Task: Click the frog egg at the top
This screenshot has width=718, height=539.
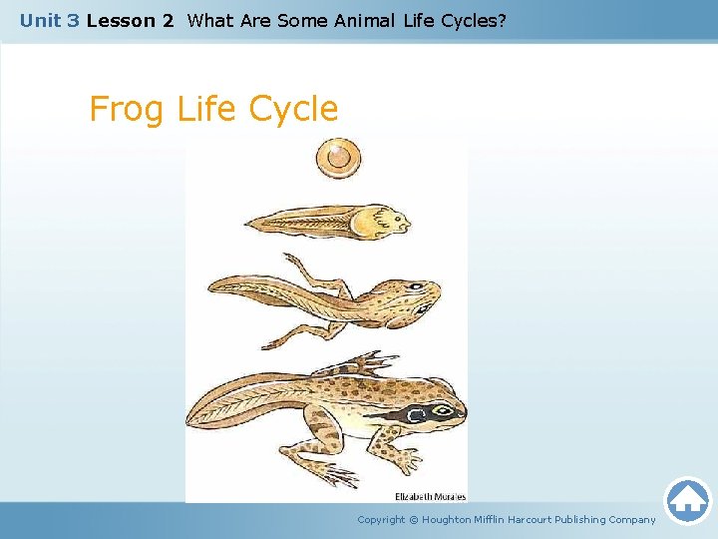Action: tap(338, 157)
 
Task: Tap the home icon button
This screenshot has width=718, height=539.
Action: tap(687, 500)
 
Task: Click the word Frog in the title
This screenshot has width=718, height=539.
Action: tap(128, 109)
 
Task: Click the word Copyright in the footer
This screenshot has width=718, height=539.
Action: tap(381, 519)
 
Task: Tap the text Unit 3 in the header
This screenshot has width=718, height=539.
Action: tap(49, 20)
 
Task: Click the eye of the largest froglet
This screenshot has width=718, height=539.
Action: tap(418, 412)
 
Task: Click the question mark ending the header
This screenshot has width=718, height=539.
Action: tap(502, 20)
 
